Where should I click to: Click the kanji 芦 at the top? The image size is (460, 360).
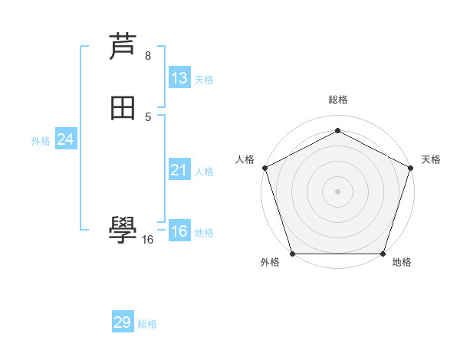[123, 47]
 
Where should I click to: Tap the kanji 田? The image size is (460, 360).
[123, 109]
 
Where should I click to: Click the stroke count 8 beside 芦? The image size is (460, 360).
[148, 55]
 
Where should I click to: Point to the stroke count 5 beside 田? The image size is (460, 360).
[148, 116]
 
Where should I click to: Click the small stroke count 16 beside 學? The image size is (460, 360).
[147, 240]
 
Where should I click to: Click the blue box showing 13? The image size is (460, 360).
[179, 78]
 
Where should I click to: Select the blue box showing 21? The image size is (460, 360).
[179, 170]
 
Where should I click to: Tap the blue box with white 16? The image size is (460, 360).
[179, 231]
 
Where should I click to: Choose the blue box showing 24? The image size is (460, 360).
[66, 139]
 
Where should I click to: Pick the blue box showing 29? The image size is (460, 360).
[123, 322]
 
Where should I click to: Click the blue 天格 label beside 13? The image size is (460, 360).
[204, 80]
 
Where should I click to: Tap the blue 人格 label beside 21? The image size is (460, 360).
[204, 172]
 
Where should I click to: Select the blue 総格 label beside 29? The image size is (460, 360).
[147, 324]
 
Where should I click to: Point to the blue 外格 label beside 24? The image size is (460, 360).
[41, 141]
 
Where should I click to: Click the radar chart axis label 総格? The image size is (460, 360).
[337, 100]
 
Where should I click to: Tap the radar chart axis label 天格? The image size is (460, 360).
[431, 159]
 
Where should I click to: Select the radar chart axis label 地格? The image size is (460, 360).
[402, 263]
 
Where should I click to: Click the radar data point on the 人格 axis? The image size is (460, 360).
[264, 168]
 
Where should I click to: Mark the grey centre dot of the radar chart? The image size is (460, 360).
[337, 191]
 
